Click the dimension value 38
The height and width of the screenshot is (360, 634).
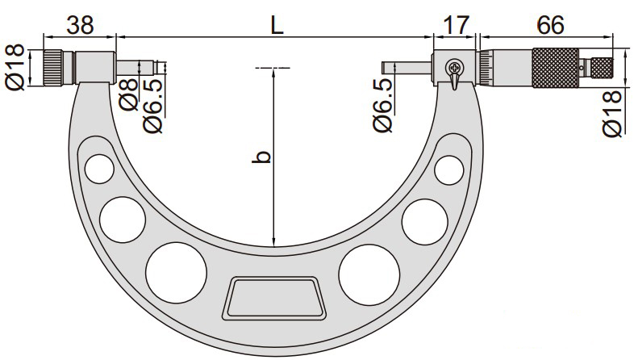click(80, 25)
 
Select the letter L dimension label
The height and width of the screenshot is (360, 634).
click(277, 25)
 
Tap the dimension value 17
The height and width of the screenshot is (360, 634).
click(456, 25)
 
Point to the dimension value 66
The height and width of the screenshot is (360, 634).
click(550, 25)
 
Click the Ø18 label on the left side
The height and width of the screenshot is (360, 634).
click(15, 68)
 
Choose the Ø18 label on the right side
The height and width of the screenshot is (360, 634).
click(612, 114)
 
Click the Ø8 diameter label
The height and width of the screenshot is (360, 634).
click(129, 95)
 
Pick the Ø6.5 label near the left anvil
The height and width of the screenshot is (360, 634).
click(152, 106)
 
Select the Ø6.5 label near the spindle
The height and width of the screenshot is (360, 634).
click(382, 106)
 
